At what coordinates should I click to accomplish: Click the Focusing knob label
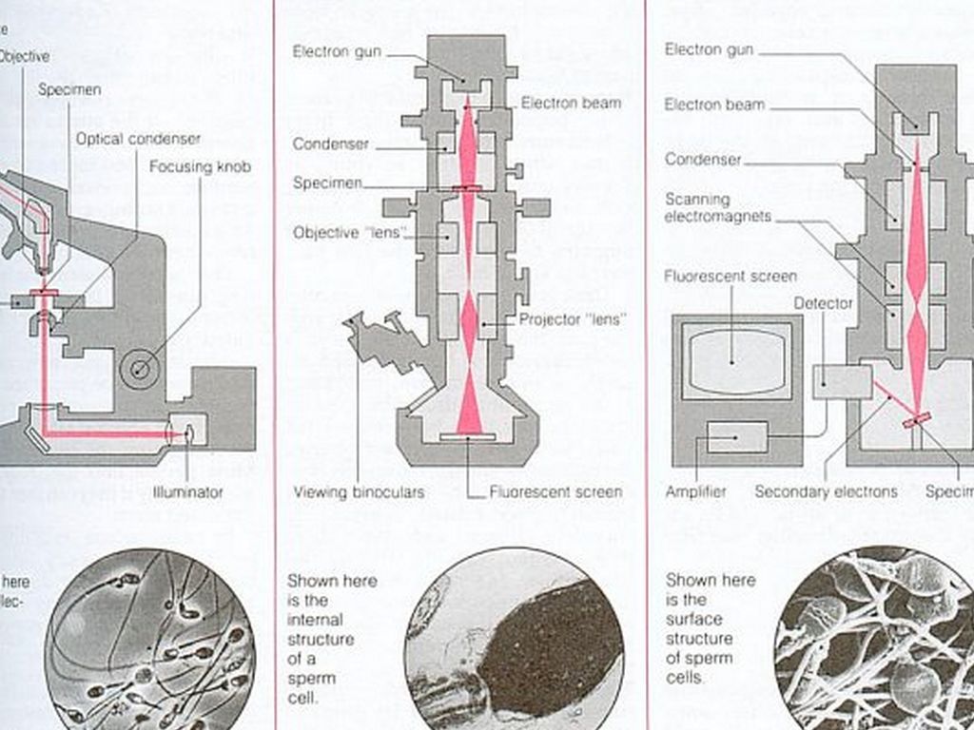tap(200, 167)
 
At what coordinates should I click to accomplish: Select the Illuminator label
tap(187, 492)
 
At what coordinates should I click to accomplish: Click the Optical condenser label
tap(139, 139)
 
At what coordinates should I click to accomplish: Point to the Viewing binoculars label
tap(359, 492)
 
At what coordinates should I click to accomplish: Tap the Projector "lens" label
tap(573, 319)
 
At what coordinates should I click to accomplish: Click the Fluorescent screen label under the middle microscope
tap(556, 492)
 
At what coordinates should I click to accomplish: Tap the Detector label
tap(824, 303)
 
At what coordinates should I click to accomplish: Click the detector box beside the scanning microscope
tap(842, 381)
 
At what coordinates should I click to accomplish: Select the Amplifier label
tap(695, 491)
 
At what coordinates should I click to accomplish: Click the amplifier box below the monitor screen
tap(736, 437)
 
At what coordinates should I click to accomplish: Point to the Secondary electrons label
tap(826, 491)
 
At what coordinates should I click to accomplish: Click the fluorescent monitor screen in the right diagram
tap(731, 358)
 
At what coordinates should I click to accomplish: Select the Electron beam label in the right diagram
tap(709, 105)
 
